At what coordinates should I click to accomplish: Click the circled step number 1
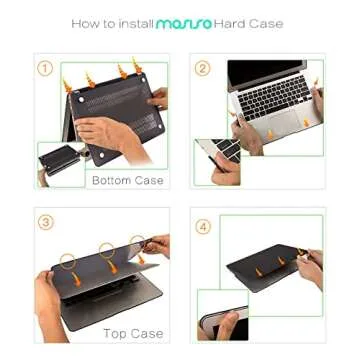(45, 68)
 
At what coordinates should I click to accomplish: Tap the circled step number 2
(202, 68)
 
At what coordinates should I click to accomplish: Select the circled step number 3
(45, 222)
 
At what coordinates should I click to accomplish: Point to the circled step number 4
(203, 226)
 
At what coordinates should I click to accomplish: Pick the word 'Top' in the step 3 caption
(113, 332)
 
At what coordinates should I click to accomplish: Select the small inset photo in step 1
(60, 163)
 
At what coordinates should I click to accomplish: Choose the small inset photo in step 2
(216, 162)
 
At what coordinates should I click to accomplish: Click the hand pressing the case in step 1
(110, 130)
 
